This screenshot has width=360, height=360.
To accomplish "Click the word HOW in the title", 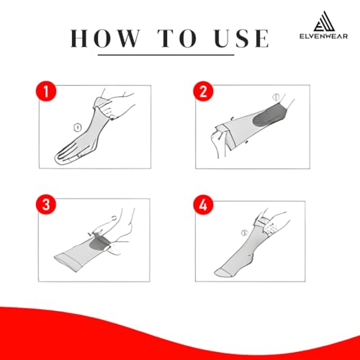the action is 105,38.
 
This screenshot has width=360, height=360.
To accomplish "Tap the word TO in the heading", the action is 177,38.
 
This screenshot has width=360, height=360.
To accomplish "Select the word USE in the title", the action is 242,38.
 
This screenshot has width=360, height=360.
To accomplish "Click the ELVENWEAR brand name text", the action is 323,36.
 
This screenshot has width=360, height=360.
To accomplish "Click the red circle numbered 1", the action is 46,92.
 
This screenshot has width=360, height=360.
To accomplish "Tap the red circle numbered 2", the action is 203,91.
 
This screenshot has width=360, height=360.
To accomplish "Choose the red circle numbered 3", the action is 46,204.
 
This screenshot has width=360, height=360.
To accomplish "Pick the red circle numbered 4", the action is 203,204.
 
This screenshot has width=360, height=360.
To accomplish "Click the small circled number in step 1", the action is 77,127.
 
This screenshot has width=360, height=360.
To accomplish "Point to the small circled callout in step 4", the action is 244,233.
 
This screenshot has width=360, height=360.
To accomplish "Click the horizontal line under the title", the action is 166,55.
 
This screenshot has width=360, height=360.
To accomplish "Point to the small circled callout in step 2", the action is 276,97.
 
